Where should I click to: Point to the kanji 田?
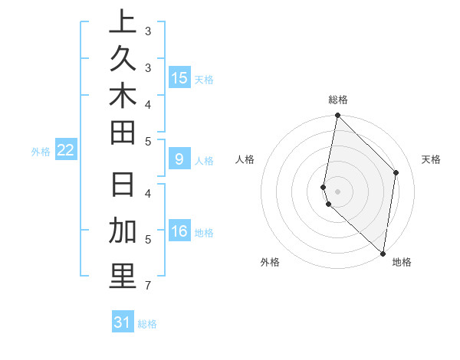click(123, 133)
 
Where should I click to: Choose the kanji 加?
click(123, 231)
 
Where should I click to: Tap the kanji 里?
click(123, 277)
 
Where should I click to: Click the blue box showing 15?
click(179, 77)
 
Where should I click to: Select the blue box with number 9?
click(179, 159)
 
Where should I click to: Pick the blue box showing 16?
click(179, 231)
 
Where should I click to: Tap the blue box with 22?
click(65, 150)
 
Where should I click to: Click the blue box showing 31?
click(123, 322)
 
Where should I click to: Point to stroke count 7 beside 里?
click(146, 286)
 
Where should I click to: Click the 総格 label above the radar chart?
click(338, 100)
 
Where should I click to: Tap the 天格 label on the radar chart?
click(431, 159)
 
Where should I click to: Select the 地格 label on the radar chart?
click(402, 263)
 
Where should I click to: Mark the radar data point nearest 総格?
click(337, 116)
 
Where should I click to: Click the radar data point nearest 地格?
click(383, 253)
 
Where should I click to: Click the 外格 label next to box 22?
click(41, 152)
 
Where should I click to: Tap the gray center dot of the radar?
click(337, 191)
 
